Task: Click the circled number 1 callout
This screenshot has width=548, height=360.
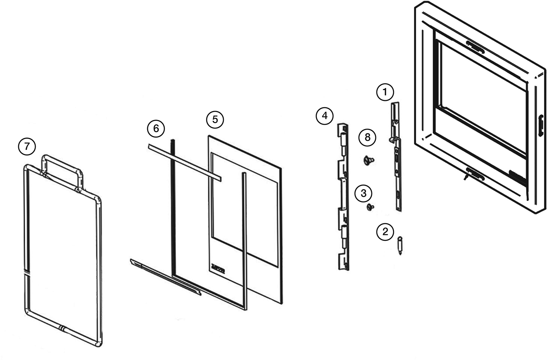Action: point(384,92)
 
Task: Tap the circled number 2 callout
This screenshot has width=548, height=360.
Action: point(385,231)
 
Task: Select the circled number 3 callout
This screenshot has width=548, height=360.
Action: point(363,193)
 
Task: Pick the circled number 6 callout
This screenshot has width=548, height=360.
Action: point(156,129)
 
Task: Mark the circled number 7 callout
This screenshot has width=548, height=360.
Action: point(27,147)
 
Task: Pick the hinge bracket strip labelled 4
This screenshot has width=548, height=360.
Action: point(343,197)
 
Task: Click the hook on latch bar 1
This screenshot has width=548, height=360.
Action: point(391,140)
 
